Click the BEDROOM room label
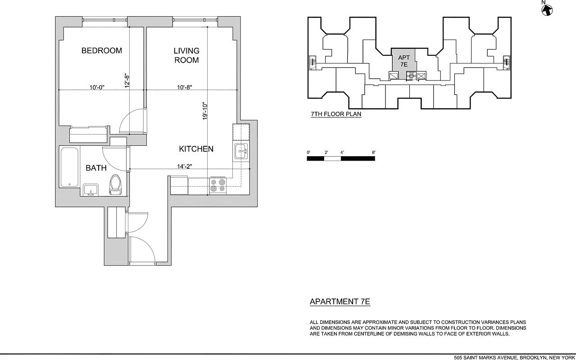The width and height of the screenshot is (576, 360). pyautogui.click(x=101, y=50)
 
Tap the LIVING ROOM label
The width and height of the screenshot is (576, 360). pyautogui.click(x=186, y=55)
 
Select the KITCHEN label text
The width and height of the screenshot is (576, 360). pyautogui.click(x=196, y=149)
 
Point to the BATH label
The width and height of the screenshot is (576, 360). pyautogui.click(x=96, y=168)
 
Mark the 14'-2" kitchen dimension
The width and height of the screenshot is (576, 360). pyautogui.click(x=185, y=166)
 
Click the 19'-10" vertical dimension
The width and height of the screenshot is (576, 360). pyautogui.click(x=205, y=111)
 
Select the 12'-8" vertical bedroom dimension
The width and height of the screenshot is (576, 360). pyautogui.click(x=127, y=80)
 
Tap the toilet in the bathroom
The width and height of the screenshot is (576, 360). pyautogui.click(x=115, y=184)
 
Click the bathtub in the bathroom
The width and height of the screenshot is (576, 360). pyautogui.click(x=69, y=167)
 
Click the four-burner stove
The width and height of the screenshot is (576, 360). pyautogui.click(x=218, y=185)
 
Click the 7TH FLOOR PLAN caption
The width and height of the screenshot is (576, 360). pyautogui.click(x=336, y=114)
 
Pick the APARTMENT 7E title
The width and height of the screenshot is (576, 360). pyautogui.click(x=340, y=301)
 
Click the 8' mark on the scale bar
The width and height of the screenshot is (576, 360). pyautogui.click(x=373, y=153)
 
